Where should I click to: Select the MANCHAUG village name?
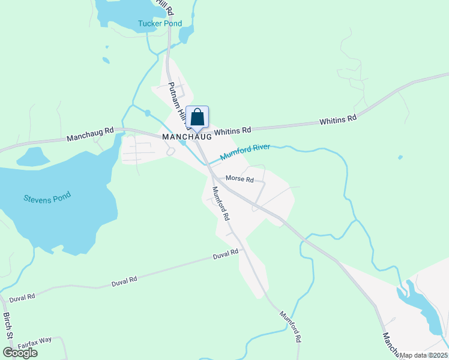(187, 137)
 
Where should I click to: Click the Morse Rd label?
(240, 179)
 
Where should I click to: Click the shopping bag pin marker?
(197, 117)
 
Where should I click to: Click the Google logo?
(20, 353)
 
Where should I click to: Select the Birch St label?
(8, 326)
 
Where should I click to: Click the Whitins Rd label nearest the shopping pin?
(232, 130)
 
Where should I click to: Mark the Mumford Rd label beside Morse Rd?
(221, 203)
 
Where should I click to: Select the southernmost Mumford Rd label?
(290, 326)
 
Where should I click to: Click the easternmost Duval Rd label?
(226, 256)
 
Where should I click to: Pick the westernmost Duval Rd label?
(22, 296)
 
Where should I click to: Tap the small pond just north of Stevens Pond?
(32, 157)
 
